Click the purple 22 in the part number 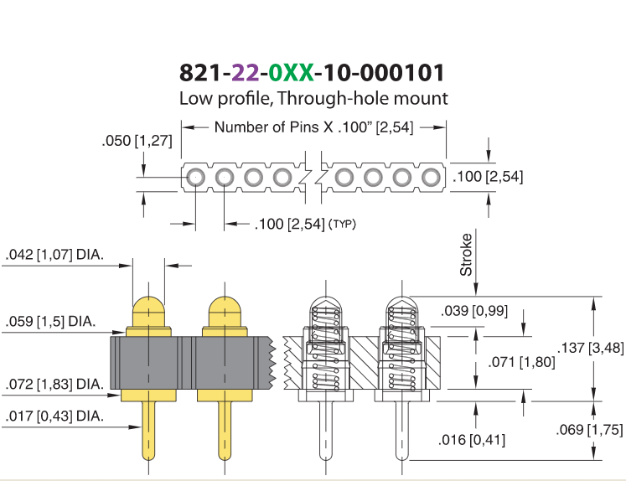(x=246, y=73)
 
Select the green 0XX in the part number (x=291, y=73)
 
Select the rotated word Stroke (x=466, y=255)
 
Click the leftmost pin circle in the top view (x=195, y=177)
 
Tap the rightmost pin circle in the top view (x=432, y=177)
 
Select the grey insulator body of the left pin (x=151, y=363)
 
